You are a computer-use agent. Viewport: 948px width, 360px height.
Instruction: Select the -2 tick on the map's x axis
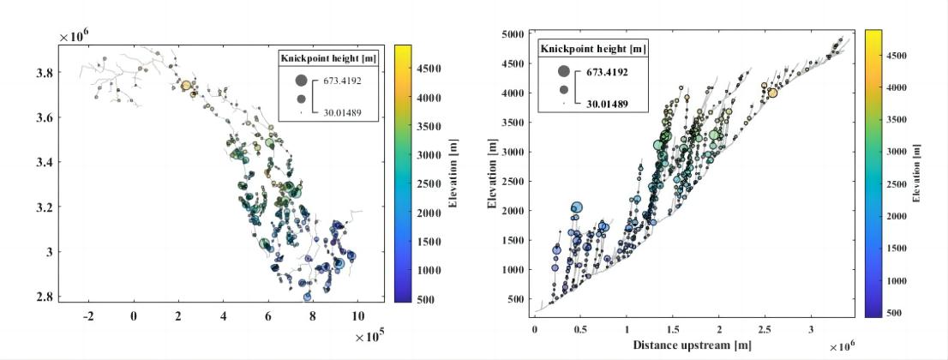tap(88, 315)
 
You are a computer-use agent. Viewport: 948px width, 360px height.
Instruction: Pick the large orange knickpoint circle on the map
tap(186, 86)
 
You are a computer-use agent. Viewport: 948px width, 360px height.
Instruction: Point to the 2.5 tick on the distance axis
tap(765, 328)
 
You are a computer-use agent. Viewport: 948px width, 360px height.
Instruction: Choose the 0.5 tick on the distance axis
tap(580, 328)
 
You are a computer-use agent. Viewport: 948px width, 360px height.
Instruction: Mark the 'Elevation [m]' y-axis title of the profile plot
tap(491, 175)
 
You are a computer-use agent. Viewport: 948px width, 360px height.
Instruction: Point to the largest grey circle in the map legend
tap(301, 80)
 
